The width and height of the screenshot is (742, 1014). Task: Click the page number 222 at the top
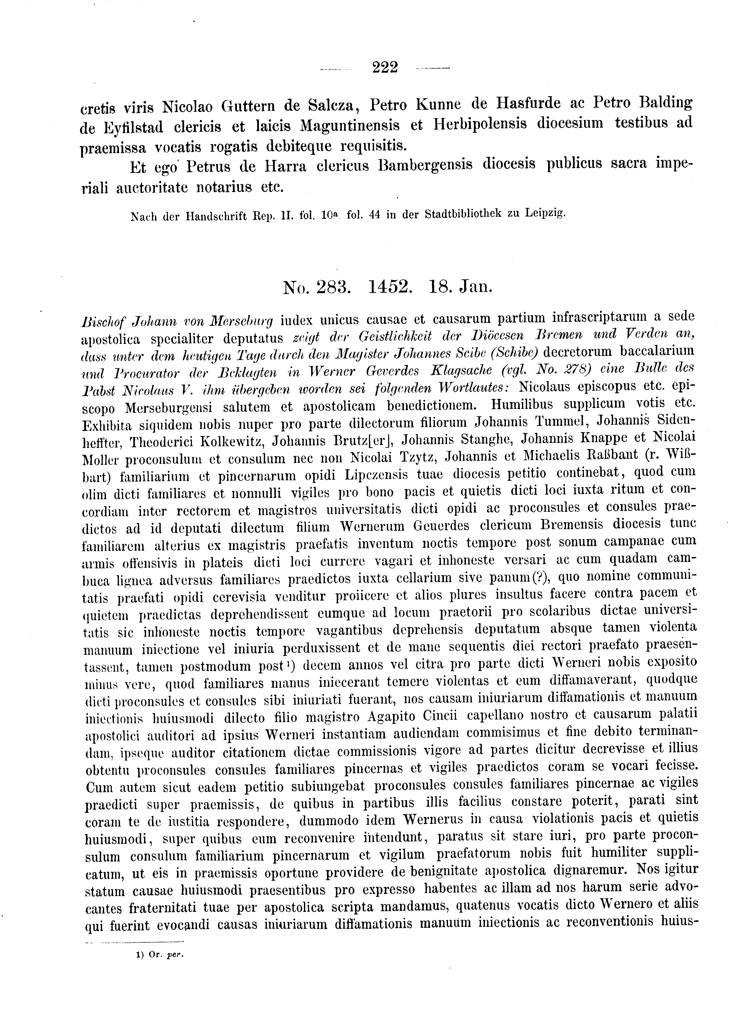(x=385, y=68)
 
